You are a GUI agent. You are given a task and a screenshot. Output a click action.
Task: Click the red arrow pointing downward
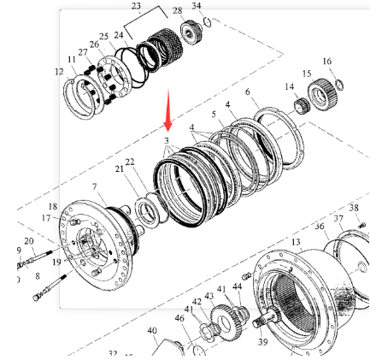pyautogui.click(x=169, y=106)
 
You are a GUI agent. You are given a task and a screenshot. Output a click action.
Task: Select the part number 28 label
pyautogui.click(x=177, y=11)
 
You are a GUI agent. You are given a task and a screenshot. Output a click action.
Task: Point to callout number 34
pyautogui.click(x=197, y=7)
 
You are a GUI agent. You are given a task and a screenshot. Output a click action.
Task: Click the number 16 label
pyautogui.click(x=326, y=62)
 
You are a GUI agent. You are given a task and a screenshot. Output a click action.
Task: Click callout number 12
pyautogui.click(x=59, y=72)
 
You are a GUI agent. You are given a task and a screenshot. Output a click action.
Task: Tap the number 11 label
pyautogui.click(x=72, y=59)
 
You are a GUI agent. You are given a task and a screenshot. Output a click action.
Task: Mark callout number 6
pyautogui.click(x=247, y=91)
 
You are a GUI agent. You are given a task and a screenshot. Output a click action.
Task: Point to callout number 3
pyautogui.click(x=167, y=140)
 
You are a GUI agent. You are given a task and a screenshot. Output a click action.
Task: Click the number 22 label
pyautogui.click(x=130, y=162)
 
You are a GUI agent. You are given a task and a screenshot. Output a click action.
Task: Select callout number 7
pyautogui.click(x=94, y=186)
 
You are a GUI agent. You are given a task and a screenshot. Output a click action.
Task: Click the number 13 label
pyautogui.click(x=296, y=243)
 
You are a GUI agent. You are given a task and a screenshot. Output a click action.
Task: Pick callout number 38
pyautogui.click(x=354, y=208)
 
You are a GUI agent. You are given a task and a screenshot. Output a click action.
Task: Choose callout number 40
pyautogui.click(x=152, y=331)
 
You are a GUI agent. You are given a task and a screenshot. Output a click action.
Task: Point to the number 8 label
pyautogui.click(x=38, y=276)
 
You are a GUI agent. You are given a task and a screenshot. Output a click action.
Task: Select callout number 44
pyautogui.click(x=237, y=286)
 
